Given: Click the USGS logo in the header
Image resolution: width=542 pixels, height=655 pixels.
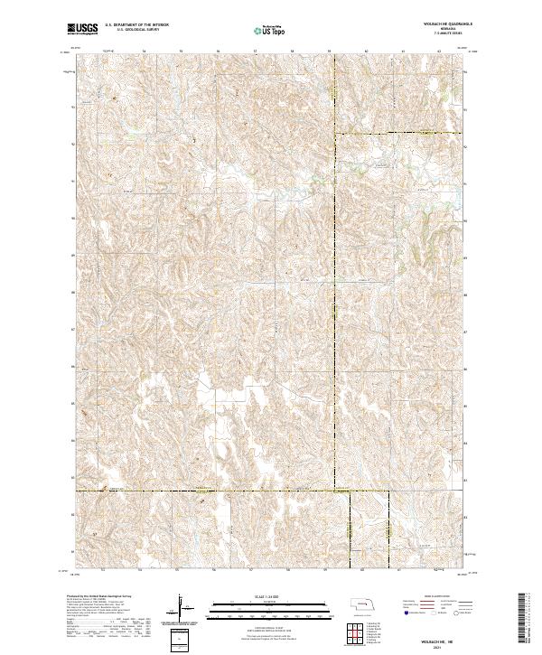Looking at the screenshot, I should tap(82, 29).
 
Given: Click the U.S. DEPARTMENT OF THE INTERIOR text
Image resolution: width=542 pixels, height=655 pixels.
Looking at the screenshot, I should tap(139, 24).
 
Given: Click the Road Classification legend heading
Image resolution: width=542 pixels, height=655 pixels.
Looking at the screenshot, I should tap(437, 597).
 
